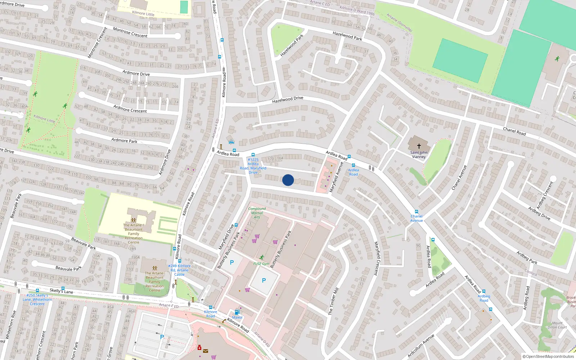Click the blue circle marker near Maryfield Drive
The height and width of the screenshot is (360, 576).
point(288,180)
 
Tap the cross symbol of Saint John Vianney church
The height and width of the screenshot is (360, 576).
point(419,146)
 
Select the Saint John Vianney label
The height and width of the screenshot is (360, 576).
point(419,154)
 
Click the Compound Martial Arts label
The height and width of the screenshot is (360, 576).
point(257,213)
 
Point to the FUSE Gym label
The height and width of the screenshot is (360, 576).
point(261,264)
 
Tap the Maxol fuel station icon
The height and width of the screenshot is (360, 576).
point(237,312)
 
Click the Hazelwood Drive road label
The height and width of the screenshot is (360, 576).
point(288,99)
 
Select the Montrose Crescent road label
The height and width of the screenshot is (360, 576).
point(130,32)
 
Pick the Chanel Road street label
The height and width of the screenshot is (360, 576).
point(514,131)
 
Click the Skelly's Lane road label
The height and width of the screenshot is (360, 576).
point(61,291)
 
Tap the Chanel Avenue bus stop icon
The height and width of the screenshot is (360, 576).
point(417,212)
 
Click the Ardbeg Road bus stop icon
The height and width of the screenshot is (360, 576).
point(484,292)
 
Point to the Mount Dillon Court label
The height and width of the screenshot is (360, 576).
point(557,325)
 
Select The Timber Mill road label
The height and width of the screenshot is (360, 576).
point(333,301)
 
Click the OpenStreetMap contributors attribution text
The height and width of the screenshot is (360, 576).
point(548,356)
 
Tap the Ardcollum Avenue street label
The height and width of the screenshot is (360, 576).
point(421,346)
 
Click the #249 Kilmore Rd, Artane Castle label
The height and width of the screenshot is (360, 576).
point(179,270)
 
